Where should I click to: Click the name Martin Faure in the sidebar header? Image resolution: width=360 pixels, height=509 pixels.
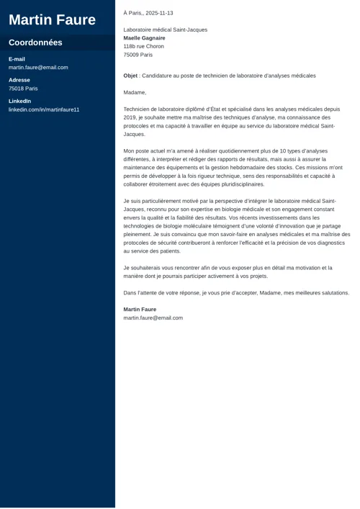click(52, 19)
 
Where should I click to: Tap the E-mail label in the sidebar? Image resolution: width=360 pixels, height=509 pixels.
click(17, 59)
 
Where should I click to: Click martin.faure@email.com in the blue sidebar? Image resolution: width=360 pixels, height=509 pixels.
click(38, 68)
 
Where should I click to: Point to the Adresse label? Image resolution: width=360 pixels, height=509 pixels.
click(19, 80)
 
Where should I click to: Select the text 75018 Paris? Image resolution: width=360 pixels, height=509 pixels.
click(23, 89)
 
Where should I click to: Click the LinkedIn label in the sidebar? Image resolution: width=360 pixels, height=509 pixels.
click(19, 102)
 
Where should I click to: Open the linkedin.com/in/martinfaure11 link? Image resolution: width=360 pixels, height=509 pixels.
click(44, 109)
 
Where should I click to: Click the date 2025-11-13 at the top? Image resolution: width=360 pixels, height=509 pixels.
click(159, 13)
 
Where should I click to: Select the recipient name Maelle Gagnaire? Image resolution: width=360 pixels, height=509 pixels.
click(144, 38)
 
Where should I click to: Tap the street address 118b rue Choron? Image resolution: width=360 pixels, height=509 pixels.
click(143, 46)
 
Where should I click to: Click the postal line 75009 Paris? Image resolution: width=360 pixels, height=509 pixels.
click(138, 55)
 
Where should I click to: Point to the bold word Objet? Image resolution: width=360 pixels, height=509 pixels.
click(130, 76)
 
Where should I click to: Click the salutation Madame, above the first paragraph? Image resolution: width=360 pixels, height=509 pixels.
click(135, 92)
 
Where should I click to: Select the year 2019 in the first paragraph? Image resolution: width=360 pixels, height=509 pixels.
click(130, 117)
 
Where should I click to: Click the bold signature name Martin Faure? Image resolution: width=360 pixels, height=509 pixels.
click(140, 310)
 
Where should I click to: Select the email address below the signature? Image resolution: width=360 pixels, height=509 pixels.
click(153, 317)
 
